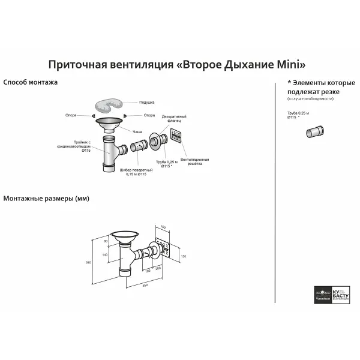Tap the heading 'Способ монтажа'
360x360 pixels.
click(x=31, y=82)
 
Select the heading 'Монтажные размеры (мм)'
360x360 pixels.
click(x=46, y=199)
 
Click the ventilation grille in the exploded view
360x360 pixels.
click(x=176, y=136)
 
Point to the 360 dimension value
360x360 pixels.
click(x=87, y=262)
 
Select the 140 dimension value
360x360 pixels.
click(x=105, y=255)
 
